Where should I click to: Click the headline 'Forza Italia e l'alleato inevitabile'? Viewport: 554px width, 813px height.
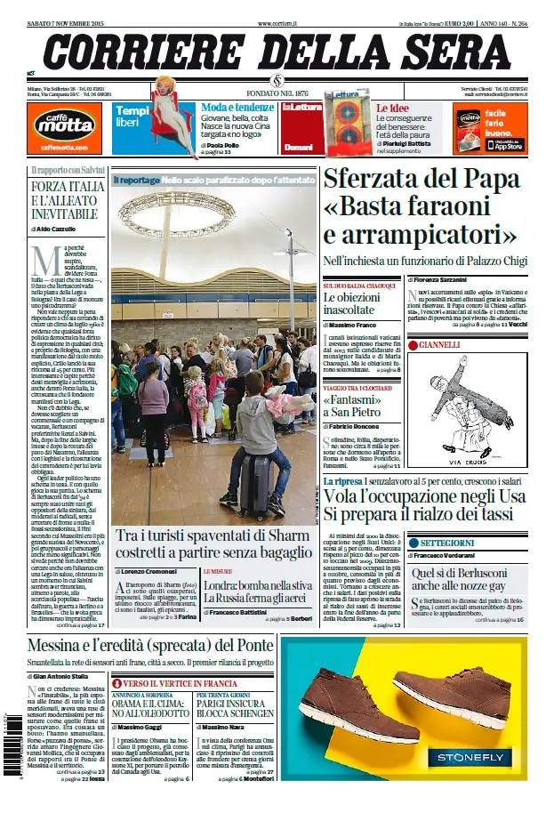coord(68,201)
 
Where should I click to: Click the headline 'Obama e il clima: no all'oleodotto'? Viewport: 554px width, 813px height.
coord(154,707)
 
